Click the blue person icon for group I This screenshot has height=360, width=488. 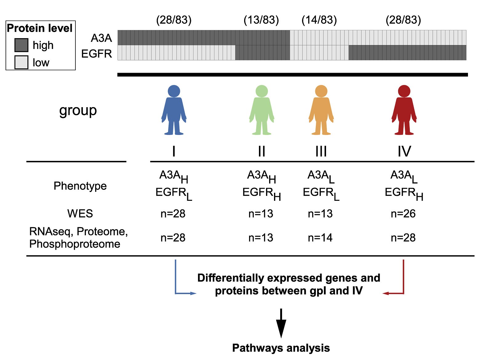coord(174,110)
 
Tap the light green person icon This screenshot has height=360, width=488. coord(262,110)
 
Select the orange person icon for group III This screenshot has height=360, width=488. coord(321,110)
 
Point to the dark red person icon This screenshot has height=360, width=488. coord(404,110)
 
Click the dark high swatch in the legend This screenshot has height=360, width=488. coord(21,45)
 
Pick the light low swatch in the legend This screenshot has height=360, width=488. coord(21,62)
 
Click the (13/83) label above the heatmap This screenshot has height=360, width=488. coord(261,20)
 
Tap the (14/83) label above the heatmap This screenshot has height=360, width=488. coord(319,20)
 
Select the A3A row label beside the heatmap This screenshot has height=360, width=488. coord(101,38)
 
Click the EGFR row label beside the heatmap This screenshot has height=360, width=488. coord(96,54)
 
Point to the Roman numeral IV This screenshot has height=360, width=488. coord(404,151)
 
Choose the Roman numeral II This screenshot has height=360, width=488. coord(261,151)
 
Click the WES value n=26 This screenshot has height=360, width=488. coord(403,213)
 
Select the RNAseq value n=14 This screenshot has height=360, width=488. coord(320,238)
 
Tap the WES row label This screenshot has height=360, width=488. coord(80,213)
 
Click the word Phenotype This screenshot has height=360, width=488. coord(80,186)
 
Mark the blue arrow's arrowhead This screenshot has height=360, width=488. coord(193,293)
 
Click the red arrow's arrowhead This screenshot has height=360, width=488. coord(385,293)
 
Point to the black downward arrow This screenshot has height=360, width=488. coord(281,323)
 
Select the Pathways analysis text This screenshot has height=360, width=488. coord(281,348)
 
